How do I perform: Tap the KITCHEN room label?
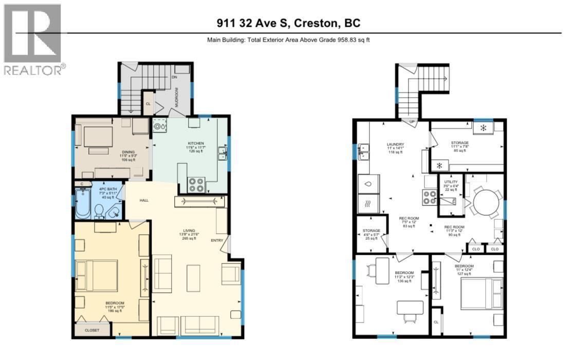(x=195, y=143)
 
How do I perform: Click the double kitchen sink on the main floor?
(x=223, y=154)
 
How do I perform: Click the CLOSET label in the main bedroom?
(x=93, y=331)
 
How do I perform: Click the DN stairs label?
(x=174, y=77)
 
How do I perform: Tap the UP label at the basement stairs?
(x=412, y=122)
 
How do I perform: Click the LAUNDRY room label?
(x=395, y=144)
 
